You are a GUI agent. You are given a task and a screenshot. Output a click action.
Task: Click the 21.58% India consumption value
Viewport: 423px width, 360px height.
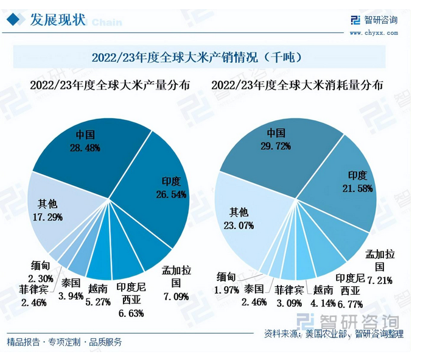pyautogui.click(x=358, y=189)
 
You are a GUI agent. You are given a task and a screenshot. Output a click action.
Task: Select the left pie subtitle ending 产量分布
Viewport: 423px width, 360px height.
pyautogui.click(x=110, y=86)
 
